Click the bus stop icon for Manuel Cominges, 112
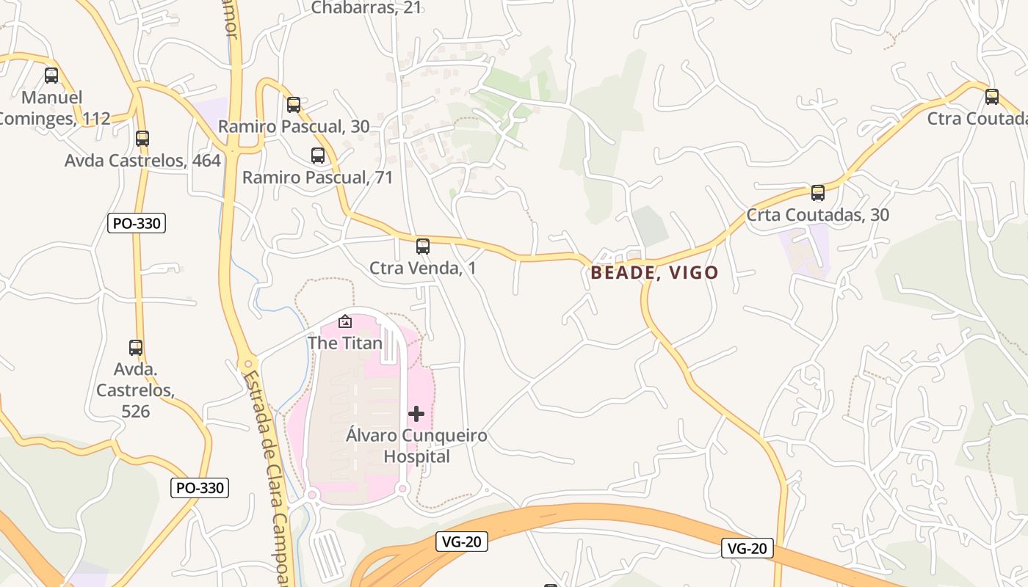[x=51, y=75]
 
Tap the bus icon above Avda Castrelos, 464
[x=142, y=138]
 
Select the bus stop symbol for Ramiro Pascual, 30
[x=294, y=105]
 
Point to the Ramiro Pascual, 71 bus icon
[x=318, y=156]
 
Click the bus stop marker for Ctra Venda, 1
[x=423, y=247]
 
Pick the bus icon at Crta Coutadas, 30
[x=818, y=193]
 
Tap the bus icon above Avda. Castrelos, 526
[x=136, y=348]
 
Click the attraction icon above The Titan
[x=345, y=321]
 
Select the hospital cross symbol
[x=416, y=414]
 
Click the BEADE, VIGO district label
[x=655, y=273]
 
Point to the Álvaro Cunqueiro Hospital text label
[x=416, y=446]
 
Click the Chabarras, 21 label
[x=366, y=8]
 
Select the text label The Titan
[x=345, y=343]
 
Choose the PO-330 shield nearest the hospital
[x=200, y=487]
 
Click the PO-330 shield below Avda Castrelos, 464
[x=137, y=223]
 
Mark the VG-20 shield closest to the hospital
[x=462, y=542]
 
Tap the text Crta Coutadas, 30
[x=818, y=215]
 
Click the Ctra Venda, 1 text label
[x=423, y=269]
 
